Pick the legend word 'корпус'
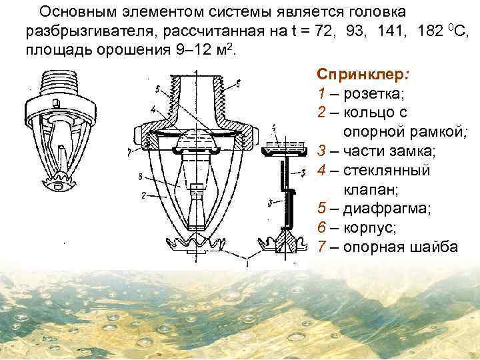coord(370,227)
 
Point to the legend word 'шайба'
coord(433,247)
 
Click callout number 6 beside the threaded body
coord(238,83)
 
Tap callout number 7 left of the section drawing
coord(127,153)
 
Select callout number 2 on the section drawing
coord(144,195)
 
